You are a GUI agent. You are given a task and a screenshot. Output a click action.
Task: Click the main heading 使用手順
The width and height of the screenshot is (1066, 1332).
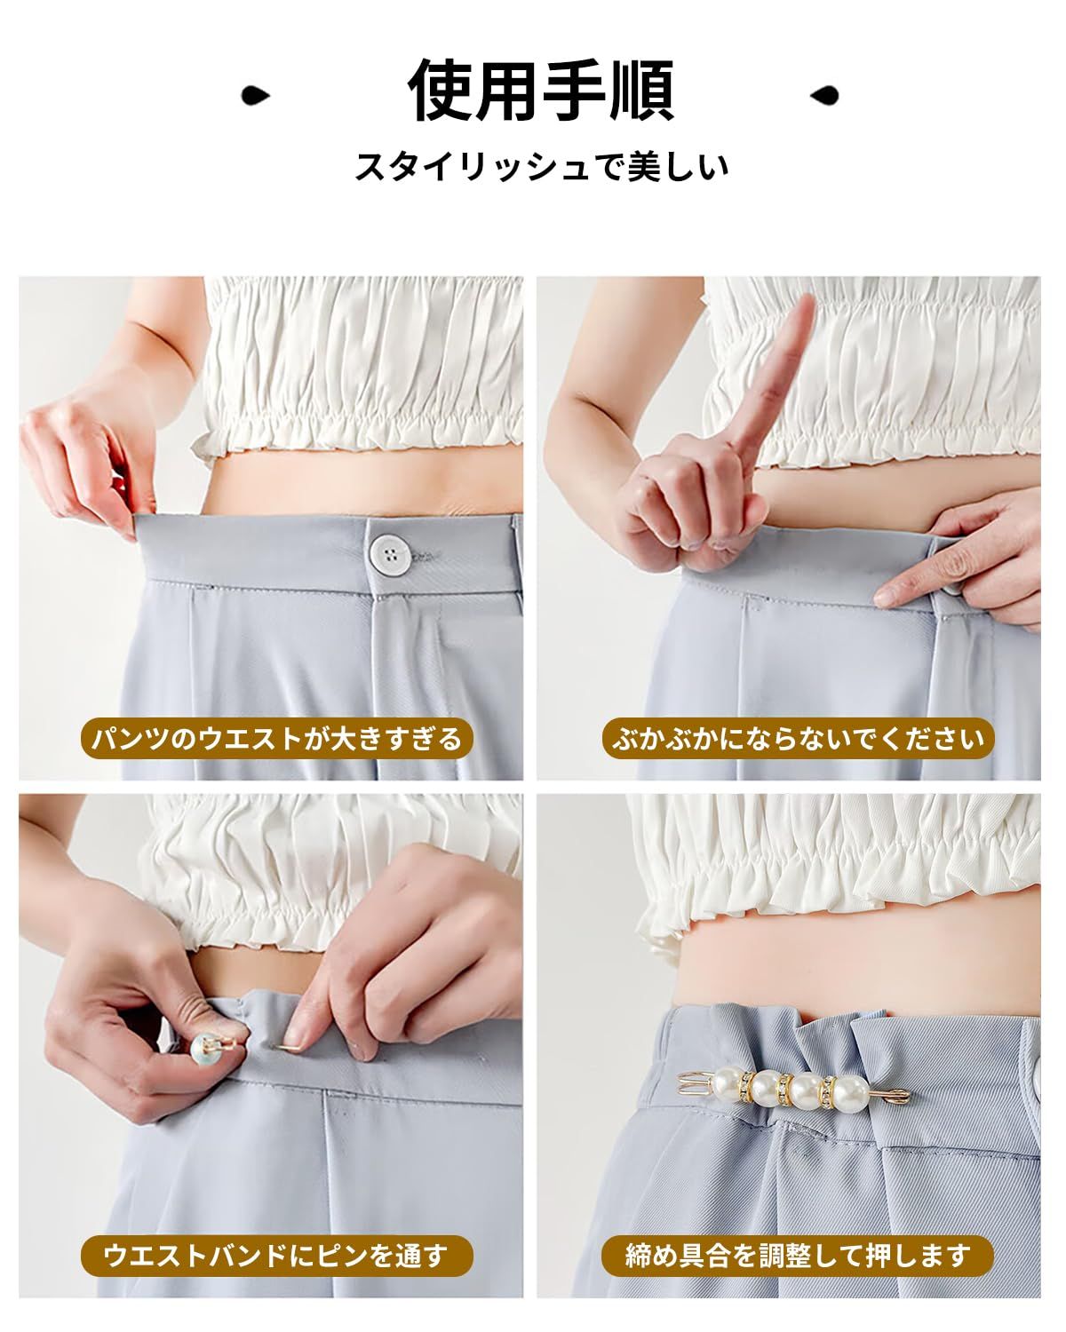tap(541, 91)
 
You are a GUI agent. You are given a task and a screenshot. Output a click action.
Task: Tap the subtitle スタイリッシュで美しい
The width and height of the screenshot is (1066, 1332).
tap(541, 167)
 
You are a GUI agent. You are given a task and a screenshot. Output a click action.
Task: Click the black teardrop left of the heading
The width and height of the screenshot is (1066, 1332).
tap(255, 95)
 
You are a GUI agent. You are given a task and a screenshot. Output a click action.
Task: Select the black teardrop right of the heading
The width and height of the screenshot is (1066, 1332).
tap(824, 95)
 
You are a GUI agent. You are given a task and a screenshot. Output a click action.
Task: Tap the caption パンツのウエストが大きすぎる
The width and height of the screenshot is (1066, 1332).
tap(277, 739)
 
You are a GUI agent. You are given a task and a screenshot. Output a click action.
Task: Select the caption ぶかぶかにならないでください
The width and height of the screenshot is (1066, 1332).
tap(798, 739)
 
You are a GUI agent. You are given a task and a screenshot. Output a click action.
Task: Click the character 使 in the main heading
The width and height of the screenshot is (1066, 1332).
tap(441, 91)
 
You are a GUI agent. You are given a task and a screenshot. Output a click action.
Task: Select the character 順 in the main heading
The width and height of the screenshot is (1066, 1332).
tap(642, 91)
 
